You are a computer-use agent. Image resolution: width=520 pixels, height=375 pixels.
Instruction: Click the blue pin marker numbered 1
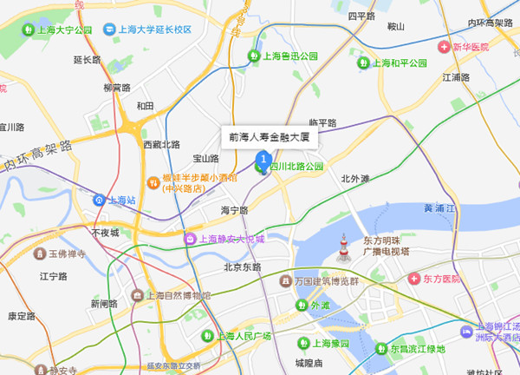tap(263, 159)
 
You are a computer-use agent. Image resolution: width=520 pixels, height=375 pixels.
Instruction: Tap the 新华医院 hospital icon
tap(444, 46)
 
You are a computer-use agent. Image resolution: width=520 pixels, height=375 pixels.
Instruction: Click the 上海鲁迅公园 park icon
tap(255, 56)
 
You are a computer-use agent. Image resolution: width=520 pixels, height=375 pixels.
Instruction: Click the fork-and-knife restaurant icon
tap(153, 182)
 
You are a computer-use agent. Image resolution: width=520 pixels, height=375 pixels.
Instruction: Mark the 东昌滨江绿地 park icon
tap(379, 349)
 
